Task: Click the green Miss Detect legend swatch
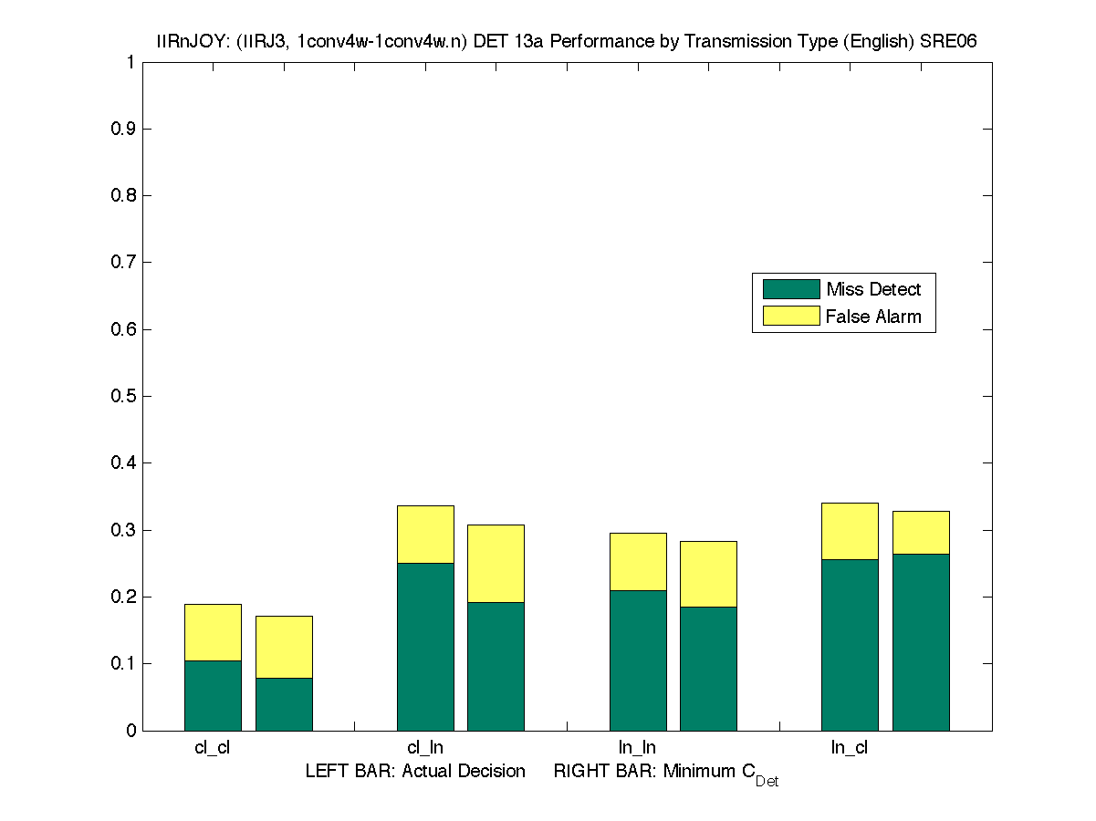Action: [790, 289]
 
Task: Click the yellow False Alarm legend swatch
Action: [790, 317]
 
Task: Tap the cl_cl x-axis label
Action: [213, 748]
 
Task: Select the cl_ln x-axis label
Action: [425, 748]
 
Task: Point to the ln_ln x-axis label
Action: [637, 748]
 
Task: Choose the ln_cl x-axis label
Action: [850, 748]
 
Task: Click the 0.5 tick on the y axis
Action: [125, 396]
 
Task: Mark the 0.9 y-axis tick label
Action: [125, 129]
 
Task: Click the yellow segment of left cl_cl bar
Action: [213, 632]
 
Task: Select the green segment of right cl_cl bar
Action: [284, 703]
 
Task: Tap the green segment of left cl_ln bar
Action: [425, 646]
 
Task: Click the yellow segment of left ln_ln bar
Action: [638, 561]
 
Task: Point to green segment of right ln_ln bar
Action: [708, 668]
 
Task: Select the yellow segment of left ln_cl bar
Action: [850, 531]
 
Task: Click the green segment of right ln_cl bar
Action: [921, 641]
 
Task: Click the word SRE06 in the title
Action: [954, 42]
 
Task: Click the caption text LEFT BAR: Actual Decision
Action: [415, 772]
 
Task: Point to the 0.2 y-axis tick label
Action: [125, 597]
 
